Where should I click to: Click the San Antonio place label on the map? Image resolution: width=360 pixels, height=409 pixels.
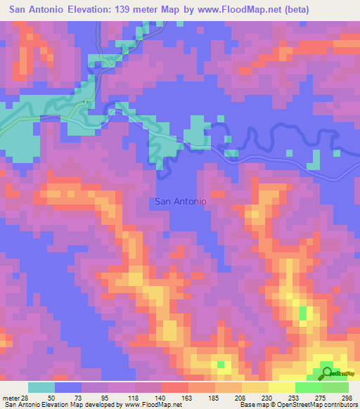180,201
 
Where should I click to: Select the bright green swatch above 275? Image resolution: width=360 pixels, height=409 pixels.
308,387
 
